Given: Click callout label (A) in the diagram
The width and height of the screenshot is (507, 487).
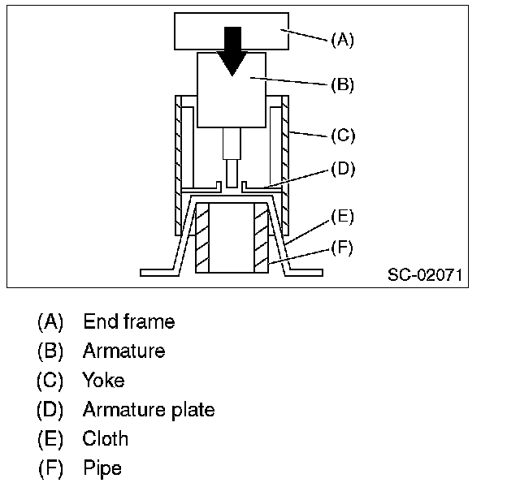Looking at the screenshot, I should pyautogui.click(x=342, y=39).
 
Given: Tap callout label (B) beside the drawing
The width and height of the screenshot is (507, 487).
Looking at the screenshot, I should pyautogui.click(x=342, y=84).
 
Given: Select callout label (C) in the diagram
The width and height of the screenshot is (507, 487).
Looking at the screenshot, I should pyautogui.click(x=342, y=135).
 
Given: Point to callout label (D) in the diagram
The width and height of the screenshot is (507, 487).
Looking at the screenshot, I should pyautogui.click(x=342, y=169).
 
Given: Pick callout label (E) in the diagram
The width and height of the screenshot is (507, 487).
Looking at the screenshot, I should pyautogui.click(x=342, y=217).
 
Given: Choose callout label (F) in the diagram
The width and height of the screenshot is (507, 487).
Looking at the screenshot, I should pyautogui.click(x=342, y=248).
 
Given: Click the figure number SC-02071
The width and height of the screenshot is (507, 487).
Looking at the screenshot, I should pyautogui.click(x=424, y=275).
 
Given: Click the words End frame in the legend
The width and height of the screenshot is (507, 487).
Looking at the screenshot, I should pyautogui.click(x=128, y=321).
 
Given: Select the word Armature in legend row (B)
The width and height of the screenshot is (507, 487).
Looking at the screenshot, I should pyautogui.click(x=123, y=351).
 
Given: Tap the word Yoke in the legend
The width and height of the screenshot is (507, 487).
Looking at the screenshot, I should pyautogui.click(x=103, y=380).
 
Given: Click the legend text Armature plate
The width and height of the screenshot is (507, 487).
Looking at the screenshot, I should pyautogui.click(x=149, y=409).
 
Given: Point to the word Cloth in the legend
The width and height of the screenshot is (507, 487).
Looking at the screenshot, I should pyautogui.click(x=106, y=439).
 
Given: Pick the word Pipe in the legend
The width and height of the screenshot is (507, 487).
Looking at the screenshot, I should pyautogui.click(x=102, y=468).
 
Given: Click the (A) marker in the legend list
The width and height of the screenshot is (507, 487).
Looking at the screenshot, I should pyautogui.click(x=50, y=321).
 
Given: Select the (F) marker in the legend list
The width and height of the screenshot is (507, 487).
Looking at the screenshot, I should pyautogui.click(x=50, y=468).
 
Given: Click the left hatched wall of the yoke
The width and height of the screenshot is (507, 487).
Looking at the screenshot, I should pyautogui.click(x=180, y=162).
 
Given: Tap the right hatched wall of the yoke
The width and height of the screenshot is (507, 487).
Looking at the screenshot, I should pyautogui.click(x=285, y=162).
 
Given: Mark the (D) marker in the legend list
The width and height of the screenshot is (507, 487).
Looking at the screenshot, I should pyautogui.click(x=50, y=409).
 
